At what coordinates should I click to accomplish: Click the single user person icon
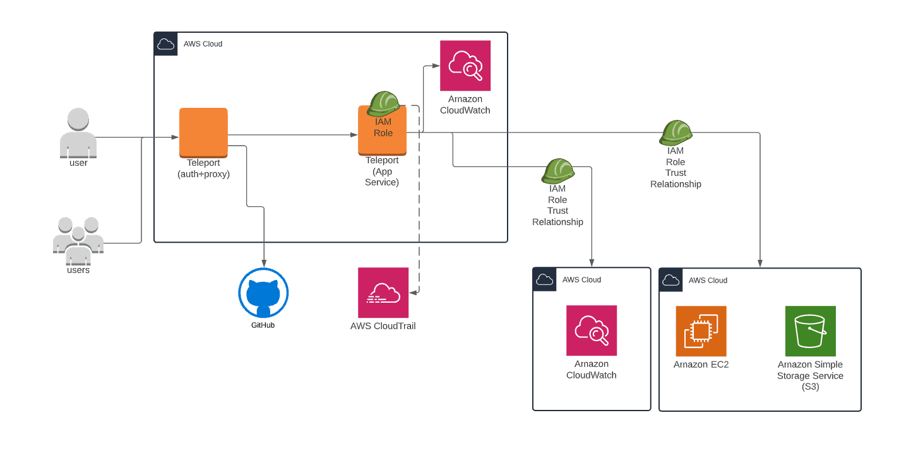78,132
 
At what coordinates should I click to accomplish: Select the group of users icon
78,240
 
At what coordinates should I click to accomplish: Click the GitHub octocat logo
263,293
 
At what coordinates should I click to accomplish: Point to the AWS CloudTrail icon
383,293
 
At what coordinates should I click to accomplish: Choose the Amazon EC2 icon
701,331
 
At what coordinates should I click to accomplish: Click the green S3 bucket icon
810,331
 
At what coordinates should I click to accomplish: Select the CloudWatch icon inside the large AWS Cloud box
465,66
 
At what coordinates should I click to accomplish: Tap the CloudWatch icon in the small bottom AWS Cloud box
592,330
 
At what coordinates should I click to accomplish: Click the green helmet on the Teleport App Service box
383,103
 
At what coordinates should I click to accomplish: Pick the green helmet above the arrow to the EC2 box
676,133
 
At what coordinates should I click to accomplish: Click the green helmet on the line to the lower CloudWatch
557,171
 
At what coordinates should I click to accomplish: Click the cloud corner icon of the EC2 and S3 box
671,280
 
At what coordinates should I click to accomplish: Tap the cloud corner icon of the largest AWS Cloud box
166,44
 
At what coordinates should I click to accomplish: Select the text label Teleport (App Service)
382,171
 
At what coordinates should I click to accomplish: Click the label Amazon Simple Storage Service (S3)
810,375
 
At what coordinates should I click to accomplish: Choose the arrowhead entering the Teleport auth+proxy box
175,137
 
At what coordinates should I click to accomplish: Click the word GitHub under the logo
263,325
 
